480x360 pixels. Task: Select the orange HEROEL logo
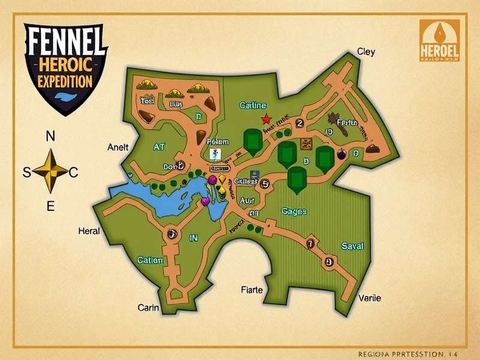(440, 40)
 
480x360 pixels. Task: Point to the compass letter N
(50, 136)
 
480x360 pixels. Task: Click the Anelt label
(118, 147)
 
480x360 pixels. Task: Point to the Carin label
(148, 308)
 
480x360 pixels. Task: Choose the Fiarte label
(251, 290)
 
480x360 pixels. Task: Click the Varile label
(370, 298)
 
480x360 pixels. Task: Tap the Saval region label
(352, 246)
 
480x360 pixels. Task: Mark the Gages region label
(294, 211)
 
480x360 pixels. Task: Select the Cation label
(150, 260)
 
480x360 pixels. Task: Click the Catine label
(253, 106)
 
